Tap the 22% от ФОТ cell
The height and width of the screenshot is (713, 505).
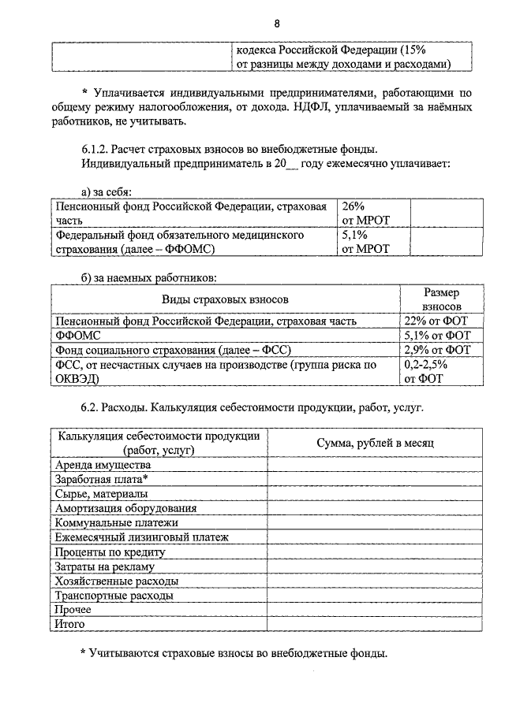coord(436,321)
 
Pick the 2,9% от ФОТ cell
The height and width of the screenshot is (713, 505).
coord(436,351)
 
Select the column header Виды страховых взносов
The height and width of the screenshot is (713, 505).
coord(226,299)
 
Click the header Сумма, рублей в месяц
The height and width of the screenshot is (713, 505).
coord(375,443)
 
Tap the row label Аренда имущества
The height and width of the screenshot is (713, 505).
coord(96,466)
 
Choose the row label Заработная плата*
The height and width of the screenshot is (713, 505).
coord(101,480)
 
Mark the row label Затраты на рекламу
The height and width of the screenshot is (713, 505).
coord(103,566)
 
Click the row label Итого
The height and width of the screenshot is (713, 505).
coord(69,623)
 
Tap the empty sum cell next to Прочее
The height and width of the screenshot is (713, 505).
coord(375,609)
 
